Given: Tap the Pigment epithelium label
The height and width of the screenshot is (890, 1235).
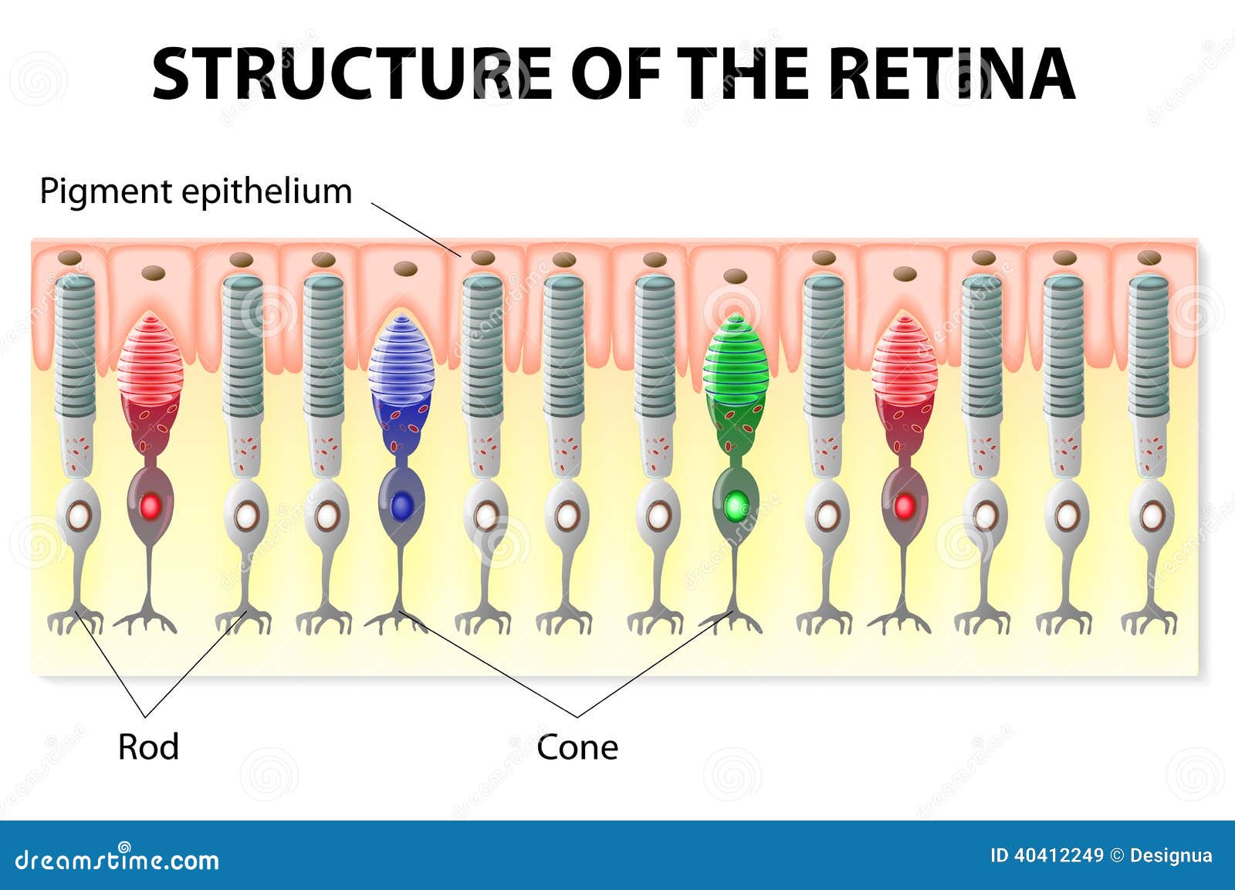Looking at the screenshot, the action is click(196, 192).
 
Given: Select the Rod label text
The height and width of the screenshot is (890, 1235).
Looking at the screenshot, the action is click(148, 747).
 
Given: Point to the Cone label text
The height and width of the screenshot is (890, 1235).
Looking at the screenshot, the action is click(577, 748).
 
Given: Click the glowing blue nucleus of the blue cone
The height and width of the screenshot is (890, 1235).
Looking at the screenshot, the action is click(402, 506).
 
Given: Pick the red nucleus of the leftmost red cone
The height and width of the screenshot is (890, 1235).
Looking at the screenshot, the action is click(150, 506).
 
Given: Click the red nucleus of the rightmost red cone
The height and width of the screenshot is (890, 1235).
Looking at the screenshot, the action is click(904, 506).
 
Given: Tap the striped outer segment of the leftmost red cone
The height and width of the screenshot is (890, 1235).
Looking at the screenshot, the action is click(150, 356).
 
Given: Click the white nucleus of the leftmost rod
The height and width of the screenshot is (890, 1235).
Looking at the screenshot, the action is click(78, 516).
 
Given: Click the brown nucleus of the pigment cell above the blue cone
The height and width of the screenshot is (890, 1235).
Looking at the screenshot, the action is click(405, 269).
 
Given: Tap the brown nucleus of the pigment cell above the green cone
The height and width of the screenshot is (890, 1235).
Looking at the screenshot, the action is click(735, 276).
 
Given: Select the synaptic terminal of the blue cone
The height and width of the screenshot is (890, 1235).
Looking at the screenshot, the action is click(396, 621).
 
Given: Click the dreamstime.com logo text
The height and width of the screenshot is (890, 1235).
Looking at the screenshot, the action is click(117, 859).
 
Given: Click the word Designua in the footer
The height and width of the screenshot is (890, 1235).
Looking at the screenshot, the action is click(1172, 856).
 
